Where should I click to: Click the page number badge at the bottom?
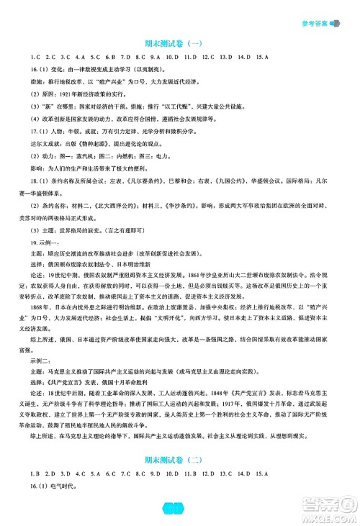click(x=179, y=511)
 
